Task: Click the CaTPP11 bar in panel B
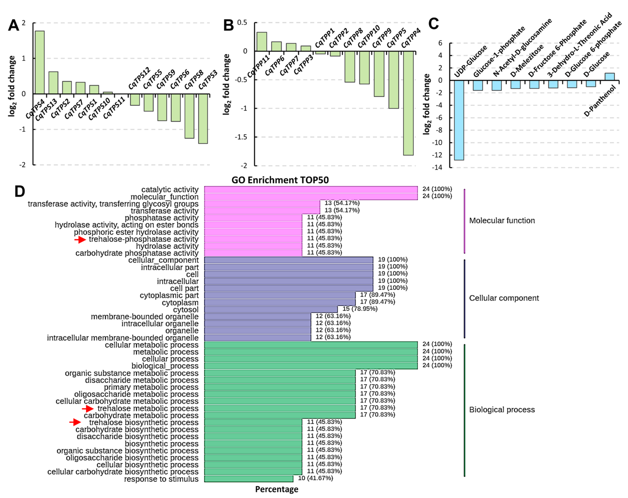262,42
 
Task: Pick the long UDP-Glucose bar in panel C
459,120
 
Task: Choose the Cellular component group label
504,298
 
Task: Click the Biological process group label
502,410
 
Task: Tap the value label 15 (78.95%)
360,309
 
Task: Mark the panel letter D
20,192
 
